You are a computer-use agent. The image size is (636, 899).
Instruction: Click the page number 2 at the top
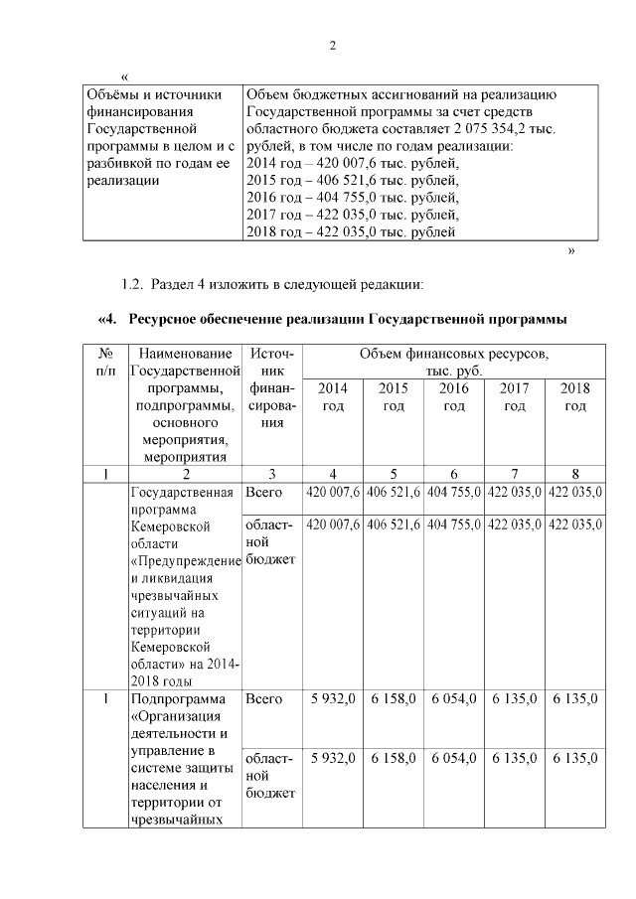coord(334,46)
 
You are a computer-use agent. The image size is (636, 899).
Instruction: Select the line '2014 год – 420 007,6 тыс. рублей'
coord(352,164)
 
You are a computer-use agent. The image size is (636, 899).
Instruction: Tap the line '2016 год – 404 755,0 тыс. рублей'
coord(352,198)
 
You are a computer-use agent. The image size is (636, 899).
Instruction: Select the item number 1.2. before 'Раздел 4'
coord(131,285)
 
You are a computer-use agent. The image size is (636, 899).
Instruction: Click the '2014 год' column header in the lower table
coord(332,397)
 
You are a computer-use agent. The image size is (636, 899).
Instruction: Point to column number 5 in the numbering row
coord(394,474)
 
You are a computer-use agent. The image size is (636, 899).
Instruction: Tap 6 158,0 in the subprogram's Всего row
coord(394,699)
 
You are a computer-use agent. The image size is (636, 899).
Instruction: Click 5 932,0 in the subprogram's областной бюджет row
coord(333,757)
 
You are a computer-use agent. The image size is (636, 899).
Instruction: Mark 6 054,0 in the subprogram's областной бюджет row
coord(454,757)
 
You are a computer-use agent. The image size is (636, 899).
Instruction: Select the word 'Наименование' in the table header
coord(186,354)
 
